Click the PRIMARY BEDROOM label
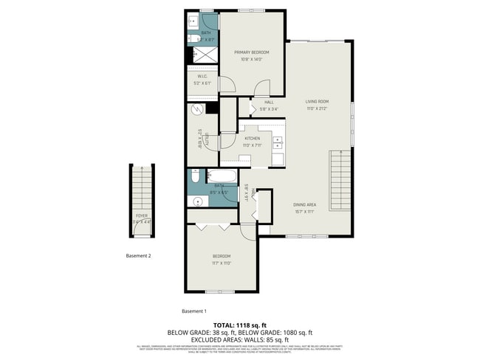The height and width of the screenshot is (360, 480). (x=252, y=52)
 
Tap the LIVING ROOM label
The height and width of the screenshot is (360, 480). (x=318, y=101)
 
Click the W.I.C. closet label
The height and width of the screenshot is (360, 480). (x=202, y=77)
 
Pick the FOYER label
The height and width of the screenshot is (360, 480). (x=141, y=215)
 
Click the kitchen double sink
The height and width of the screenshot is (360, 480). (x=278, y=142)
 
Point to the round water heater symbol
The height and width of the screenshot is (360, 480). (x=197, y=109)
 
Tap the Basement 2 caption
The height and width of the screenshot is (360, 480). (x=138, y=256)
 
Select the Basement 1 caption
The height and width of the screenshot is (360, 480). (x=194, y=311)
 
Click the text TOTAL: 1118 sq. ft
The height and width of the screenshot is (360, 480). (x=239, y=325)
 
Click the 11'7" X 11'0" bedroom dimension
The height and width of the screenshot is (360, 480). (x=222, y=263)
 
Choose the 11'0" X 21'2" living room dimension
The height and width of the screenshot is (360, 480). (x=318, y=108)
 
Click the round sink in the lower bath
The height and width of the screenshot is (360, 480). (x=197, y=201)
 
